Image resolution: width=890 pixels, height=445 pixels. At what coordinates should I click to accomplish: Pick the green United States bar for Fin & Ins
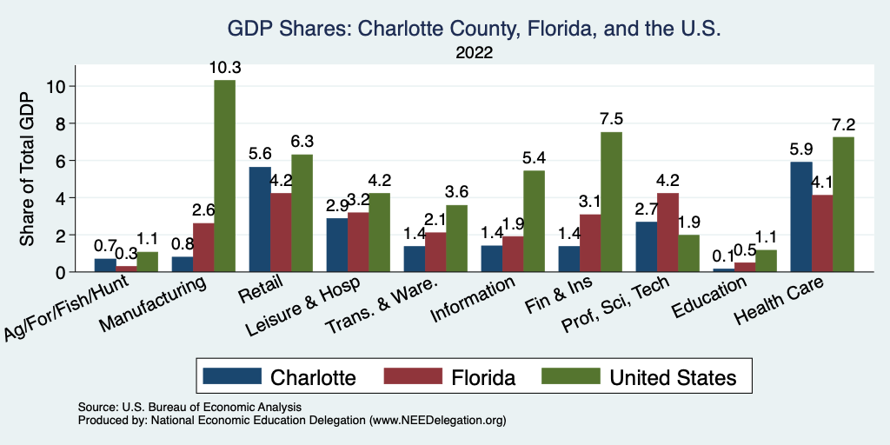coord(611,202)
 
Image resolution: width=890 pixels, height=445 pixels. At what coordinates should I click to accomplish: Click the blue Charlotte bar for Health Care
coord(801,216)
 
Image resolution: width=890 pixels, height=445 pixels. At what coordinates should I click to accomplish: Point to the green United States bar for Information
coord(534,221)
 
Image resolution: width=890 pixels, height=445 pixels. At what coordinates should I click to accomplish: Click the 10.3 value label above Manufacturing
coord(224,66)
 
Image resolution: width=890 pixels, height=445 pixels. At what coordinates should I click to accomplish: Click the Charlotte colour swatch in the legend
coord(232,376)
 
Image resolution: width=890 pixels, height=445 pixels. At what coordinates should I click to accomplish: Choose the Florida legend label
coord(483,377)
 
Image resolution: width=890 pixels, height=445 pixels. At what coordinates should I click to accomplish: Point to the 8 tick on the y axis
coord(60,123)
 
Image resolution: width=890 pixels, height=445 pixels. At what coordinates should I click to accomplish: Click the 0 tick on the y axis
coord(60,272)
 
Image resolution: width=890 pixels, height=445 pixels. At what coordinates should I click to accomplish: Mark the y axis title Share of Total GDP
coord(27,169)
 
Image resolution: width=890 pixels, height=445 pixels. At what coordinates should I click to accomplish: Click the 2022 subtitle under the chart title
coord(475,53)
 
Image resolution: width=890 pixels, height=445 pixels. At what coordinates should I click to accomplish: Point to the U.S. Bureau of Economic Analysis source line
coord(189,407)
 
